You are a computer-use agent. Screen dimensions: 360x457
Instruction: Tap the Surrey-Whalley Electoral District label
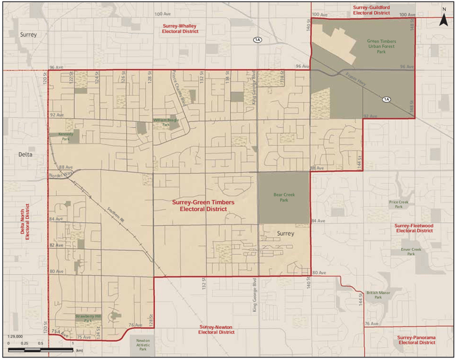[180, 29]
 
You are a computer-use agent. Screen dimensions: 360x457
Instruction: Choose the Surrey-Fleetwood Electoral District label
[414, 228]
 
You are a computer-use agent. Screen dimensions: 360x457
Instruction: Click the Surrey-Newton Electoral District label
[217, 330]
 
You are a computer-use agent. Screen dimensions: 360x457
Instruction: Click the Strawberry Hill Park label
[88, 318]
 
